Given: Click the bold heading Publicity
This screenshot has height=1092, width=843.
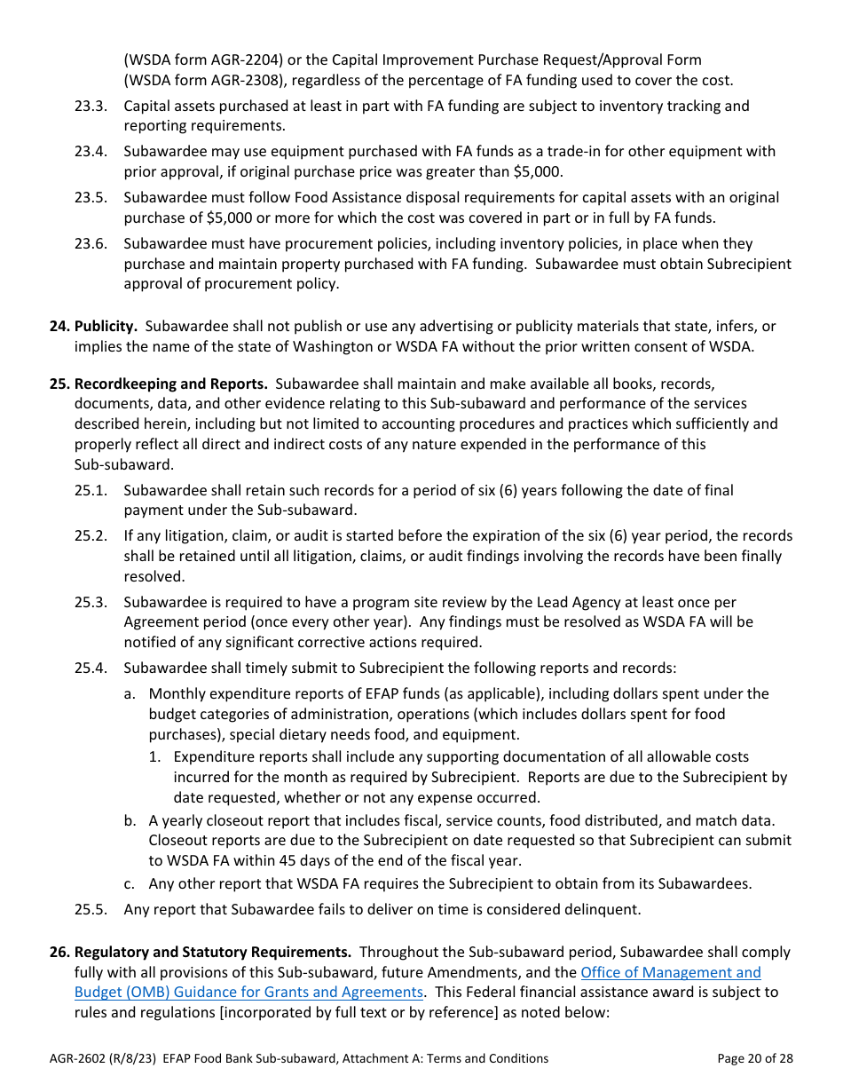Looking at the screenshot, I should [x=105, y=327].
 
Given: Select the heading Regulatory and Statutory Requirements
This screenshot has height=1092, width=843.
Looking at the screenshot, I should [x=212, y=952].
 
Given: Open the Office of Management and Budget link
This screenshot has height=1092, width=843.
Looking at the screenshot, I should [x=670, y=972].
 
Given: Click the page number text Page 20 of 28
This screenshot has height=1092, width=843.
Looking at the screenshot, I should [x=754, y=1058].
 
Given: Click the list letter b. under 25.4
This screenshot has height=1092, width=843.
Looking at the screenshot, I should [x=130, y=820].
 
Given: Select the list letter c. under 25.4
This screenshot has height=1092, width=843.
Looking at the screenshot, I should [x=130, y=883].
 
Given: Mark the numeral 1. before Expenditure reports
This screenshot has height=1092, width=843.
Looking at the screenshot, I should [x=154, y=757].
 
